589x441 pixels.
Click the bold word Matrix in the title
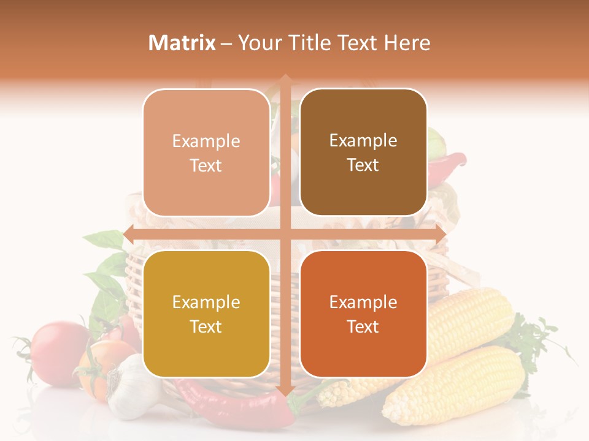click(x=182, y=43)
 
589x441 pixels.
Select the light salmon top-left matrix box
click(x=206, y=153)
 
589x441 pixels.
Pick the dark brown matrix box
click(x=363, y=153)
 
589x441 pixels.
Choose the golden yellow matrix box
click(x=206, y=314)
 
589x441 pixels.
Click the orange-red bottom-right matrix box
click(x=363, y=314)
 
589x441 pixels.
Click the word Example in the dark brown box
click(x=363, y=140)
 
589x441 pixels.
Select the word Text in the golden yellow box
click(x=206, y=326)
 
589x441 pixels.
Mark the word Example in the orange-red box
click(x=363, y=302)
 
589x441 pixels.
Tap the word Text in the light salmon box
click(x=206, y=165)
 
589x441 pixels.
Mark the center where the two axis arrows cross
click(x=285, y=233)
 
